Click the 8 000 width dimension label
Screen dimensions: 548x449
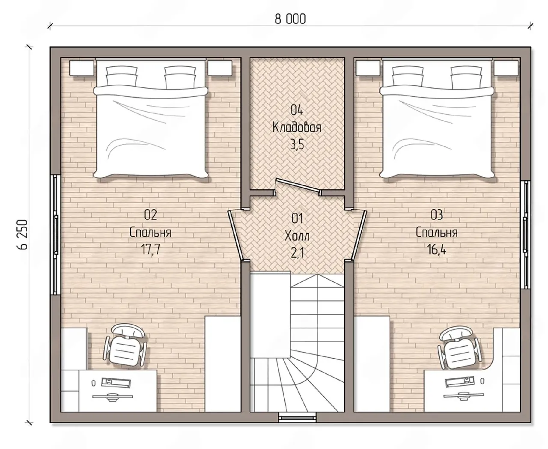(290, 19)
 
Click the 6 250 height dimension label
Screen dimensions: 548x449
(23, 235)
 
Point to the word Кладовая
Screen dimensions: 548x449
(297, 128)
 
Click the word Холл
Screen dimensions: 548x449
(297, 236)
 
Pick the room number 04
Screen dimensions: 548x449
(297, 110)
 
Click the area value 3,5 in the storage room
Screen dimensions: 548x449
(297, 145)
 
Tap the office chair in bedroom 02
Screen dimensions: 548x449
(125, 345)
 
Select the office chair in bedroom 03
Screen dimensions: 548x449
(459, 348)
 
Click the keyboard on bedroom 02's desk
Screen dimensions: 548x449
(116, 383)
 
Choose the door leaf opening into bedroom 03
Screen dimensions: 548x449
(359, 235)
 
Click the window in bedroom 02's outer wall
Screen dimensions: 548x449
(55, 235)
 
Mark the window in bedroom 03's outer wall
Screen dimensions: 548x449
(526, 235)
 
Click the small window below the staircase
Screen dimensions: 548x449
(298, 418)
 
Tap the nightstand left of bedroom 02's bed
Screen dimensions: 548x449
(81, 68)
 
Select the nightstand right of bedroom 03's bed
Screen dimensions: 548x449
(506, 68)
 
